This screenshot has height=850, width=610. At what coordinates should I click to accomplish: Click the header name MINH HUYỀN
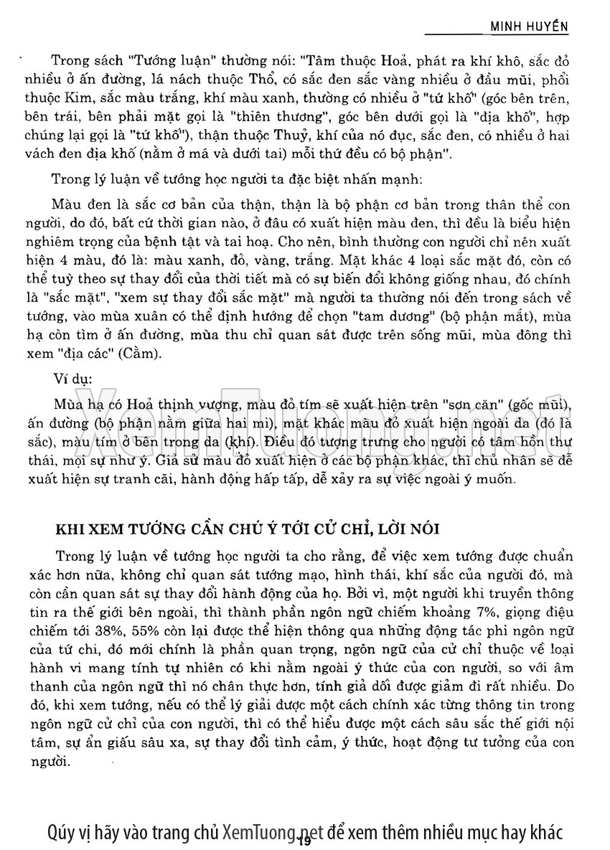(x=529, y=26)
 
